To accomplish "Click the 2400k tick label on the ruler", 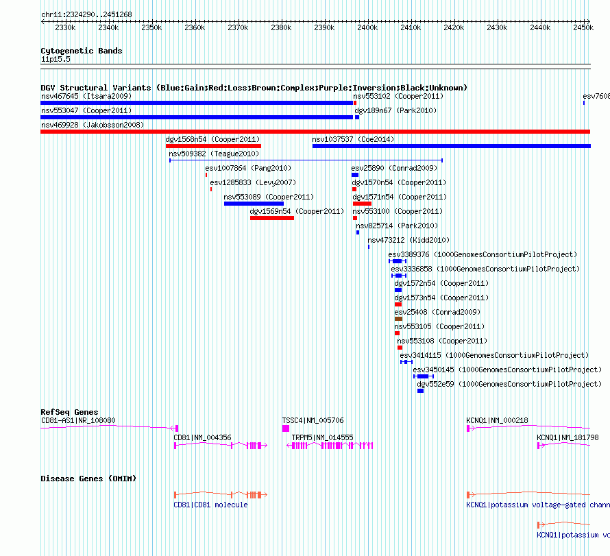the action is (x=367, y=27).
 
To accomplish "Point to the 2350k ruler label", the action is (x=151, y=27).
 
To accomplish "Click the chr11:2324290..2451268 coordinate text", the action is (x=87, y=15).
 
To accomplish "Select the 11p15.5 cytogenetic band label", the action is (x=56, y=59).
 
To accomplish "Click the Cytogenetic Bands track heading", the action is (x=82, y=51).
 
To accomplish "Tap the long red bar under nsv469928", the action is (x=315, y=132).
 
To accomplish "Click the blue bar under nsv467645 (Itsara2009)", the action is (x=197, y=103).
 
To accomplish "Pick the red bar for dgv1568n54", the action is (x=213, y=146).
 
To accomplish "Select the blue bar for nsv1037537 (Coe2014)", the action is (x=451, y=146).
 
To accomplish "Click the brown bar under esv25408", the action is (x=398, y=319).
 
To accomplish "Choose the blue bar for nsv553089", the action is (x=254, y=204).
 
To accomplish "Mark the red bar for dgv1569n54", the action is (x=272, y=218).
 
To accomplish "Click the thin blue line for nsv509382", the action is (x=306, y=160).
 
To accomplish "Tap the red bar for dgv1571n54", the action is (x=362, y=204).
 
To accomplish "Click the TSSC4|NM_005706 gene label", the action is (x=313, y=420).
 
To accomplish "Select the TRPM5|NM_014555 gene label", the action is (x=323, y=437).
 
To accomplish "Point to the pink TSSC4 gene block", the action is (x=286, y=428).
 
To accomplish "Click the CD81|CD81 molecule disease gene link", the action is (x=210, y=505).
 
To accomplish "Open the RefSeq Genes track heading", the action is (x=69, y=412).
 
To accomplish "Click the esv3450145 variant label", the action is (x=433, y=370).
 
